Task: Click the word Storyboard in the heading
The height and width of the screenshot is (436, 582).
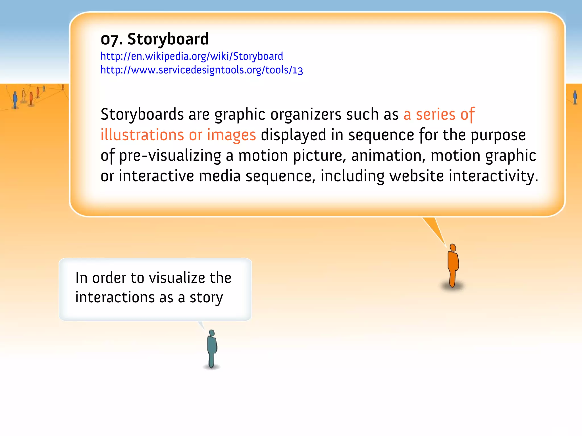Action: point(168,39)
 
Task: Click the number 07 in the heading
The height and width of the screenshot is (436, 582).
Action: point(109,40)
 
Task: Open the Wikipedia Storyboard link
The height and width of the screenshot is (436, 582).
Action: point(192,56)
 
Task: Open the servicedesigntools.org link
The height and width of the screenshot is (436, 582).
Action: point(202,70)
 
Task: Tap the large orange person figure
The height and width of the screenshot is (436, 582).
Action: point(453,265)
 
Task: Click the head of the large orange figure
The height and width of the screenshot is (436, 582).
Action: point(453,248)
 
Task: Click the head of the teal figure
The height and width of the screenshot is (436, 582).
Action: point(212,333)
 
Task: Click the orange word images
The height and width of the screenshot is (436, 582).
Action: point(231,135)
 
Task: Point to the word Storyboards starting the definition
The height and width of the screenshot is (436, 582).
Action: point(142,114)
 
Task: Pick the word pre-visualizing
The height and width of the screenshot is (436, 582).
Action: point(170,156)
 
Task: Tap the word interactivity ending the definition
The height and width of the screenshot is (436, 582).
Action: point(493,176)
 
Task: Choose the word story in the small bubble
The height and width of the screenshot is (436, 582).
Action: point(206,298)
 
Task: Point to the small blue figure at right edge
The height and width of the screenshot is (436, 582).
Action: point(575,97)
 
